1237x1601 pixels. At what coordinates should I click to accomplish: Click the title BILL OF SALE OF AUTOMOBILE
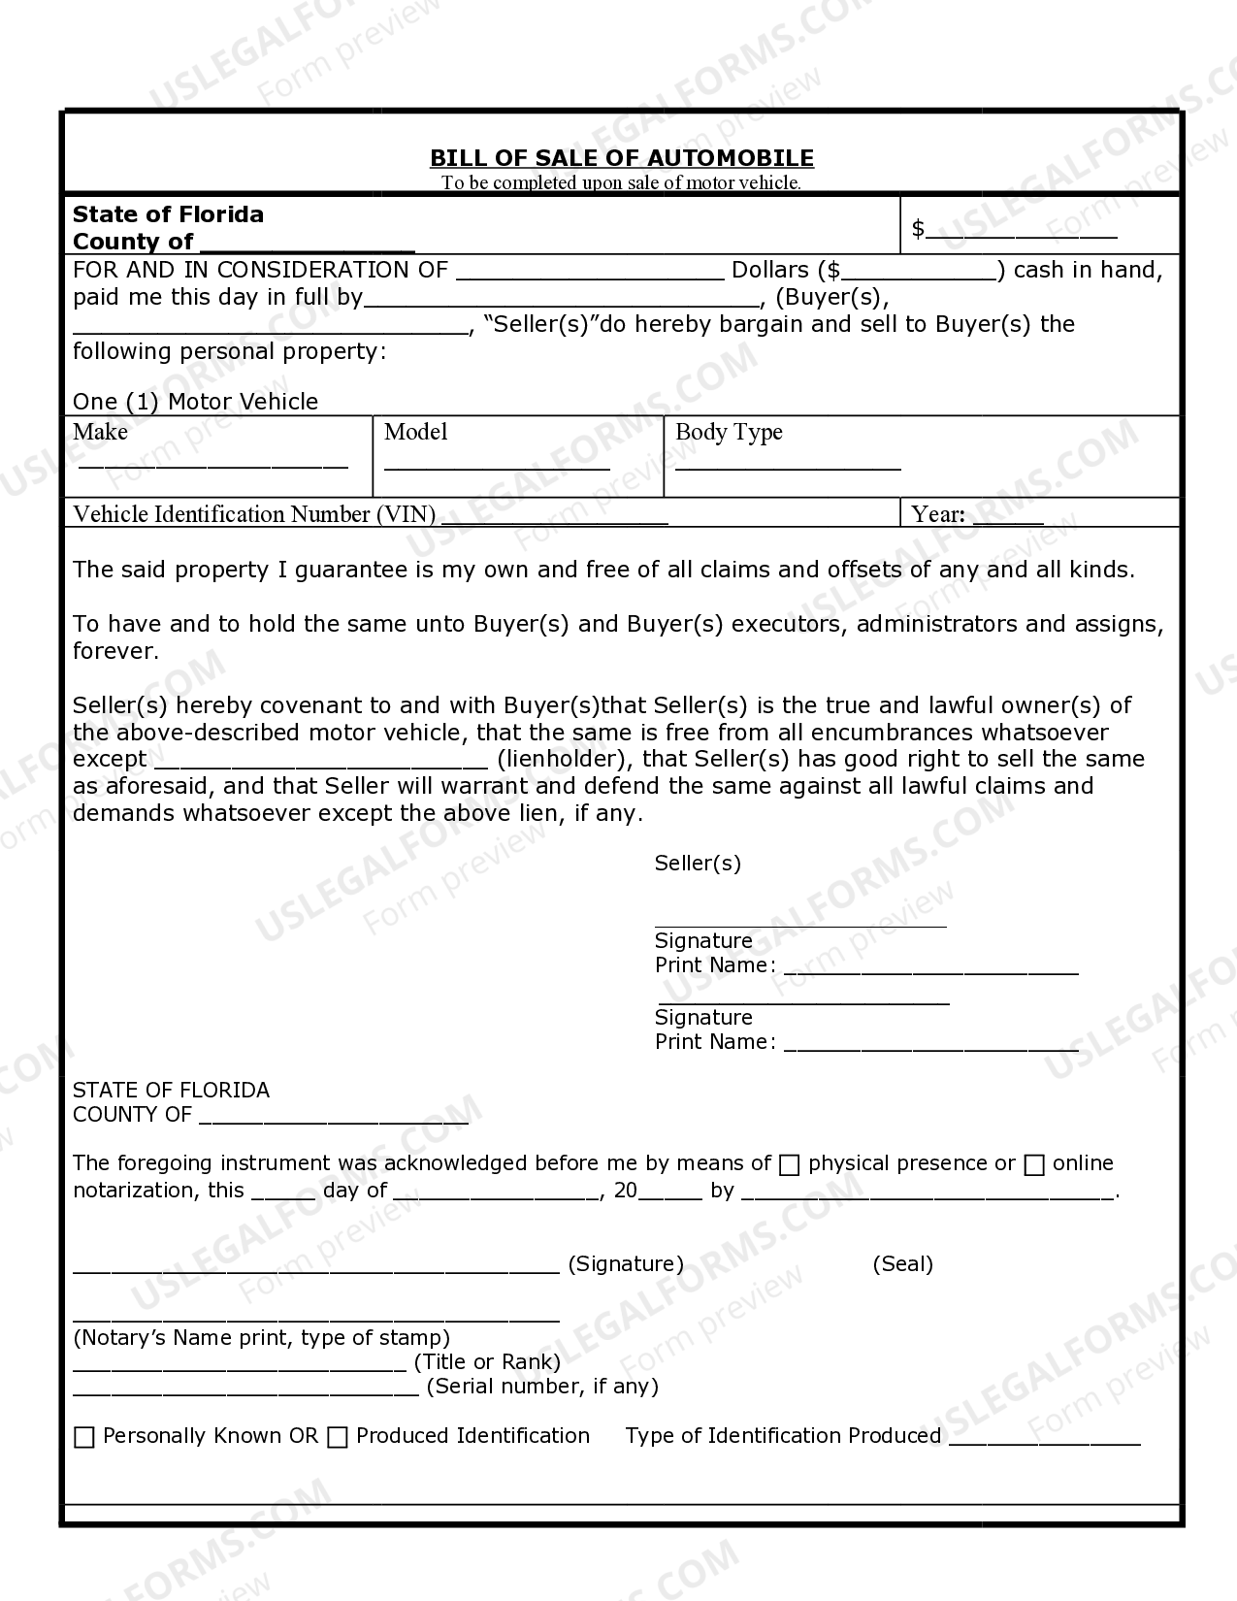[621, 157]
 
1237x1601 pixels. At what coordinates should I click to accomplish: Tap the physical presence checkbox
[790, 1164]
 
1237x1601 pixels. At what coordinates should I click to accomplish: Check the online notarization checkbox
[1034, 1164]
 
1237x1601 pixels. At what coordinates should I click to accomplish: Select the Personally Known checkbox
[84, 1437]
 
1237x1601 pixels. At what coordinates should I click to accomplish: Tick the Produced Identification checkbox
[338, 1437]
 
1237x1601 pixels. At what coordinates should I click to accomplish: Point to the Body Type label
[729, 432]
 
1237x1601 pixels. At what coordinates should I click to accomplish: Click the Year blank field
[1007, 517]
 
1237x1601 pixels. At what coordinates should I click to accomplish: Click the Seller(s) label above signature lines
[698, 863]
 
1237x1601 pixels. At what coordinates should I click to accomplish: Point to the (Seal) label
[902, 1263]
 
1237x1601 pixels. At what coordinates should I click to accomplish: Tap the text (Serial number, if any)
[542, 1386]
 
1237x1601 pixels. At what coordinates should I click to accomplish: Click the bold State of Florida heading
[168, 213]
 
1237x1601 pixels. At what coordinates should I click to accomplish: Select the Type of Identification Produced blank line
[1044, 1439]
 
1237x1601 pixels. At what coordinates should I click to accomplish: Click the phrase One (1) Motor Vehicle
[195, 402]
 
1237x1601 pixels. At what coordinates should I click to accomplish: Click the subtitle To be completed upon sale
[621, 182]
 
